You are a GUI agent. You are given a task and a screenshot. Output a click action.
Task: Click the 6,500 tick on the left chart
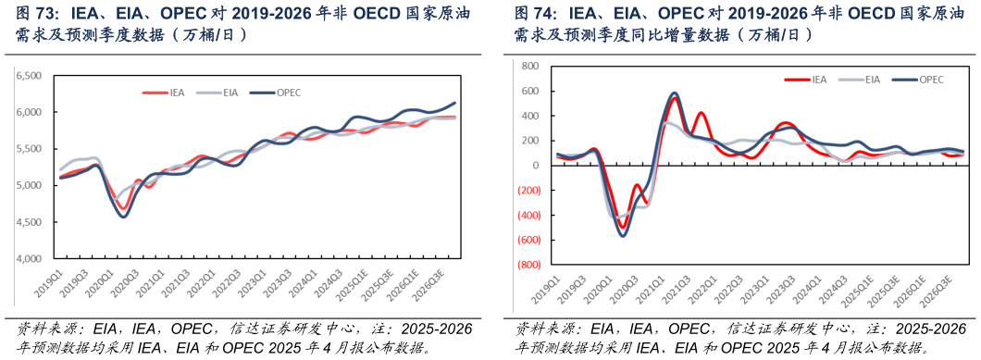click(x=30, y=76)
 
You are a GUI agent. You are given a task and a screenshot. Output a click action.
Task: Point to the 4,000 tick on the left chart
click(x=30, y=258)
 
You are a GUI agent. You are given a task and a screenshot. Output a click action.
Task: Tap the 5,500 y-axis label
click(x=30, y=149)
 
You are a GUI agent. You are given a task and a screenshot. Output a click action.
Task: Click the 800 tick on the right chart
click(x=529, y=67)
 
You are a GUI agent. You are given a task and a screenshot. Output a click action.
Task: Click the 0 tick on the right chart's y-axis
click(x=534, y=166)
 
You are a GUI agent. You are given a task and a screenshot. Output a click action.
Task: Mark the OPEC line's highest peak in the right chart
click(x=674, y=93)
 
